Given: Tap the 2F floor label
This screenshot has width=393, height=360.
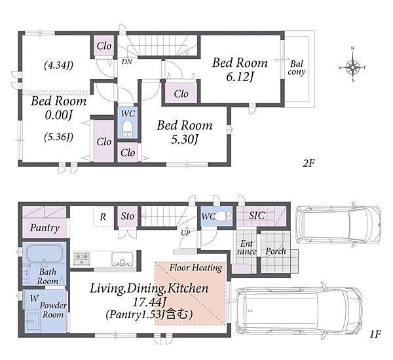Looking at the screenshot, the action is [x=309, y=164].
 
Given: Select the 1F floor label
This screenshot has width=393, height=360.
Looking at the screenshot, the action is [x=375, y=334].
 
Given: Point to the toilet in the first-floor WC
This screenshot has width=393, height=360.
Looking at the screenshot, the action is [x=224, y=216].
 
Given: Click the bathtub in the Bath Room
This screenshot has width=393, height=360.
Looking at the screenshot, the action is [x=44, y=253].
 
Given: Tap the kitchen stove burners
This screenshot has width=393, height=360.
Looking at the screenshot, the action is [x=81, y=259].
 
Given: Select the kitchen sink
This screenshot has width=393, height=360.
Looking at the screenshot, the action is [x=122, y=259].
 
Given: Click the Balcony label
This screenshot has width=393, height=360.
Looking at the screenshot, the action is [x=297, y=68].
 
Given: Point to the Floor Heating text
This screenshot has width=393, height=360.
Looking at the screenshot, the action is [x=196, y=268].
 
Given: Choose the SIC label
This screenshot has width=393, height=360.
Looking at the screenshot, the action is [x=257, y=215].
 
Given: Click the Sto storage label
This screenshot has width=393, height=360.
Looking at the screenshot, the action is [x=127, y=216].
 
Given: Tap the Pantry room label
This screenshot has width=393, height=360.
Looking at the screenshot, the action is [x=45, y=228].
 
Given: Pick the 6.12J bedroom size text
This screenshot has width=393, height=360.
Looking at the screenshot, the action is [x=240, y=77].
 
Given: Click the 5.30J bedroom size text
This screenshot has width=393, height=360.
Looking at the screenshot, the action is [x=185, y=139].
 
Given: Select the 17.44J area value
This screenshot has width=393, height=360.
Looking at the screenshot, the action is [x=149, y=302].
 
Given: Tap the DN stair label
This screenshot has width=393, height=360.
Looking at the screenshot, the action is [x=127, y=62].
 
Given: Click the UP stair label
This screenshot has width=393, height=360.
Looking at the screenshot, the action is [x=185, y=233].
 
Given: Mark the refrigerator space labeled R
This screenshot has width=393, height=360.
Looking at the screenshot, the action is [x=103, y=217].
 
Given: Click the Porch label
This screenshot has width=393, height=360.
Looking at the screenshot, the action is [x=276, y=251].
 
